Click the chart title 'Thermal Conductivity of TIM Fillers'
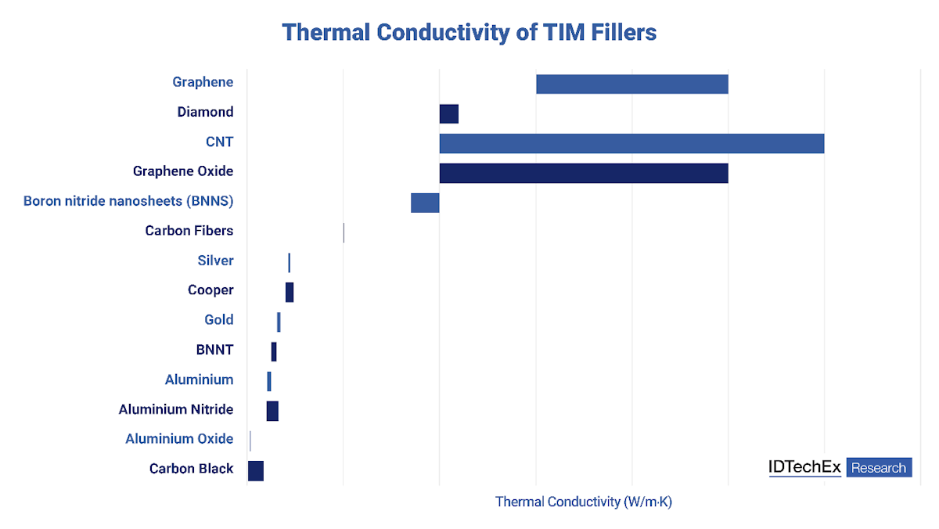click(469, 32)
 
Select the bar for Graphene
click(631, 84)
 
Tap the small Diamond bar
click(448, 113)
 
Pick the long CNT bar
click(631, 143)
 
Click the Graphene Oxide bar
click(584, 173)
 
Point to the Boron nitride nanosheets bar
click(425, 203)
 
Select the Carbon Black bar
click(256, 470)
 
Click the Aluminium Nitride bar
click(272, 411)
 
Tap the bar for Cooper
click(290, 292)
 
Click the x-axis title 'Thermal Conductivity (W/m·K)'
click(584, 502)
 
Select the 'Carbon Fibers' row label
click(189, 231)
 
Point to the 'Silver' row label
click(215, 261)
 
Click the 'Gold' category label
click(219, 319)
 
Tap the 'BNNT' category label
click(214, 350)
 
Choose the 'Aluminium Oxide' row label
click(179, 439)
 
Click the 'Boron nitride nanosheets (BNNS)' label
click(128, 201)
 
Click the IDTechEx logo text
click(804, 468)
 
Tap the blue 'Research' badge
click(879, 468)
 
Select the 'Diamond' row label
click(205, 112)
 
